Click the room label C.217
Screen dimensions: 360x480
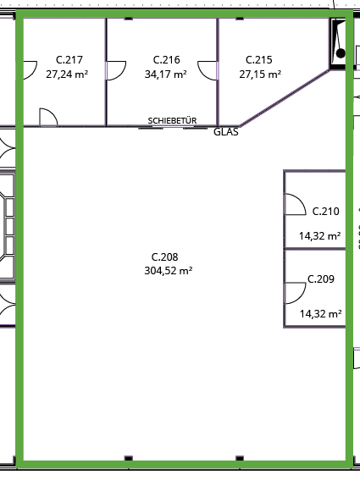69,60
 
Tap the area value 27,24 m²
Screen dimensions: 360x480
67,74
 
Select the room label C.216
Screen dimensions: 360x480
166,60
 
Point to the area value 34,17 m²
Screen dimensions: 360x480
166,74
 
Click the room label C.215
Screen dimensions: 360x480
259,60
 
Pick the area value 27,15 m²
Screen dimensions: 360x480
260,74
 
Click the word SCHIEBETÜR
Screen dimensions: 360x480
172,120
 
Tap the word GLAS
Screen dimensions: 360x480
226,132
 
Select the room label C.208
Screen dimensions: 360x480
165,257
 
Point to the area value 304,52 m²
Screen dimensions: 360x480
169,271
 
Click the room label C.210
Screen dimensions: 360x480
325,212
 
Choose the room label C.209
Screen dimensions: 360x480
321,279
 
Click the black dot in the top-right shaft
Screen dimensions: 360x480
341,53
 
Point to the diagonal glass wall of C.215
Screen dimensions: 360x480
285,98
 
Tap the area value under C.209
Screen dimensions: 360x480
320,314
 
